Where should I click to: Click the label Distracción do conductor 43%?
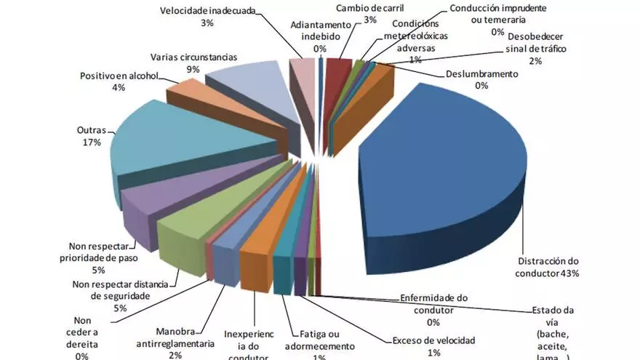[548, 267]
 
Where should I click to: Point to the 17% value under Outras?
[92, 143]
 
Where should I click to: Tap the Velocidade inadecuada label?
[207, 10]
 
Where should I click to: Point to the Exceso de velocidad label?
[433, 340]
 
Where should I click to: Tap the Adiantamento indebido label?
[320, 30]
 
